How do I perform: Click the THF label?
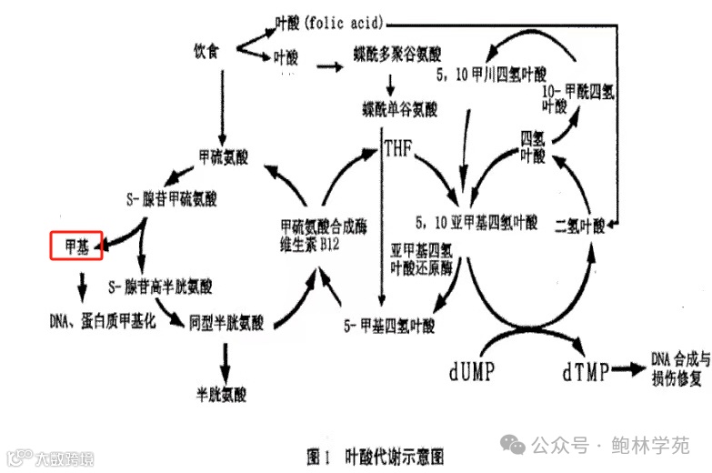399,147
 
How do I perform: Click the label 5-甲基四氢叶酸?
389,325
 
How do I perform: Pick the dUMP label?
472,372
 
